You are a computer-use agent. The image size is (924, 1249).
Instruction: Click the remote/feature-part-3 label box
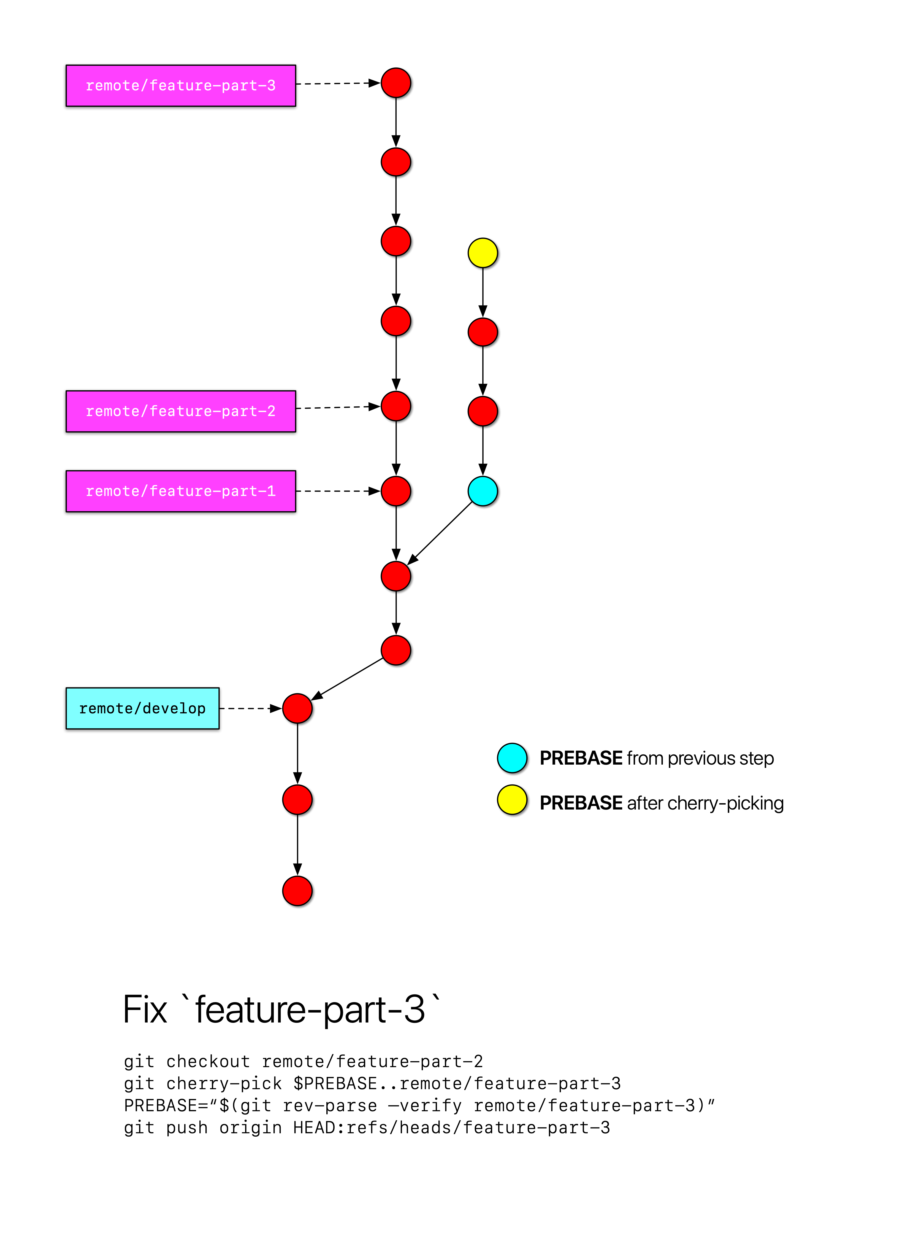pyautogui.click(x=181, y=86)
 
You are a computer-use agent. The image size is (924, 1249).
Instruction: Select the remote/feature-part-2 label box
pyautogui.click(x=181, y=411)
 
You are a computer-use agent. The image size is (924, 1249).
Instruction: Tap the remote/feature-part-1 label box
pyautogui.click(x=181, y=491)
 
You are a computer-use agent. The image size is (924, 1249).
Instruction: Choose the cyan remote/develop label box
pyautogui.click(x=143, y=708)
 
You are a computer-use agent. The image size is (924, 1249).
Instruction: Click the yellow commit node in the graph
pyautogui.click(x=483, y=253)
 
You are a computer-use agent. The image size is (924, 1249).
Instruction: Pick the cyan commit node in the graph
pyautogui.click(x=483, y=491)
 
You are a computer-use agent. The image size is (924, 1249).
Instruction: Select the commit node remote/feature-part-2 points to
pyautogui.click(x=396, y=406)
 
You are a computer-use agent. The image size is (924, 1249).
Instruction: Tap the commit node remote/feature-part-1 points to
pyautogui.click(x=396, y=491)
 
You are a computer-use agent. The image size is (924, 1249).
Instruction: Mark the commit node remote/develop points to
pyautogui.click(x=297, y=708)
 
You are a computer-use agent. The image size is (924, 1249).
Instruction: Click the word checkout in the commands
pyautogui.click(x=208, y=1062)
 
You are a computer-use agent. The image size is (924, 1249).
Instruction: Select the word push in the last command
pyautogui.click(x=187, y=1127)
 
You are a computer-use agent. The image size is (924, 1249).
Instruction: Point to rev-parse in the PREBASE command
pyautogui.click(x=330, y=1106)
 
